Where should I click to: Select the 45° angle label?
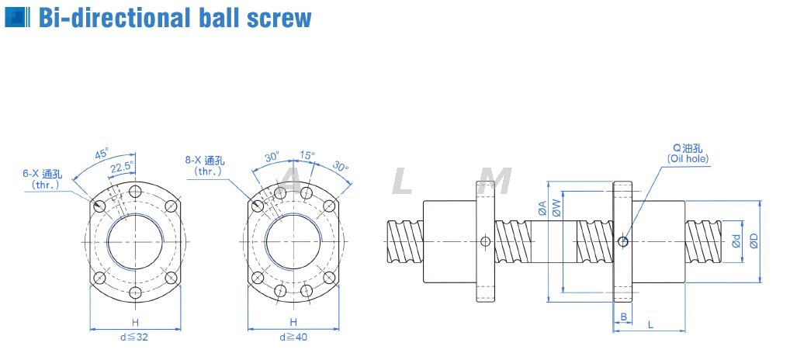102,154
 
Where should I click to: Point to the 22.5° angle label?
120,167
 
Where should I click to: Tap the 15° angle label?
307,155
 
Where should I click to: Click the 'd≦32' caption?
135,337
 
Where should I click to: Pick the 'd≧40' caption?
293,337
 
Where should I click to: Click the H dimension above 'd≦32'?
135,322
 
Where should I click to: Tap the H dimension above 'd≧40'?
293,322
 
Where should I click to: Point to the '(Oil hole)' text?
688,159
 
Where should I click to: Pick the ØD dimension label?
753,241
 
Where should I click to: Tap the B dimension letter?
623,316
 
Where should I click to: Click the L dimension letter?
650,324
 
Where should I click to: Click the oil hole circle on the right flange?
622,242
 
